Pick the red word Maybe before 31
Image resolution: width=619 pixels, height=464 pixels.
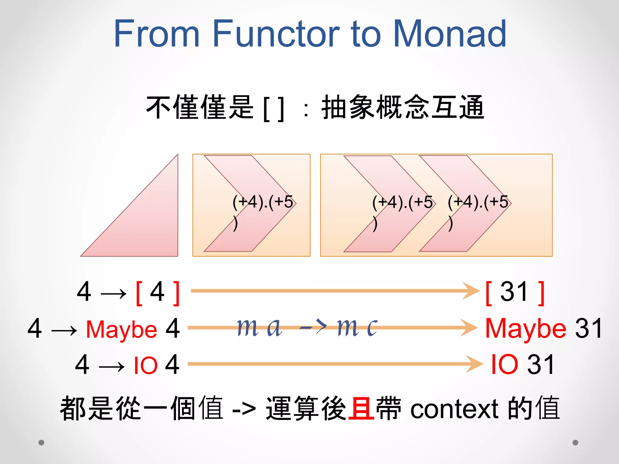coord(526,329)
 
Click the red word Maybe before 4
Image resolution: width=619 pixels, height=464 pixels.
coord(122,329)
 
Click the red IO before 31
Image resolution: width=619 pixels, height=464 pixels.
coord(504,365)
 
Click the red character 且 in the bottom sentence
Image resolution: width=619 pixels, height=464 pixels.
coord(361,408)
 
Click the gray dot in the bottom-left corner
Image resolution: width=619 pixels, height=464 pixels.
coord(41,443)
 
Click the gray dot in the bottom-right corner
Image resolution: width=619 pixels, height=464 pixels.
coord(575,443)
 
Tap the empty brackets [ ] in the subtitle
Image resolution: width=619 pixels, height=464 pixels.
coord(274,109)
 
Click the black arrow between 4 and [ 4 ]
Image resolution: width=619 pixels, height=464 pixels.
coord(113,293)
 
